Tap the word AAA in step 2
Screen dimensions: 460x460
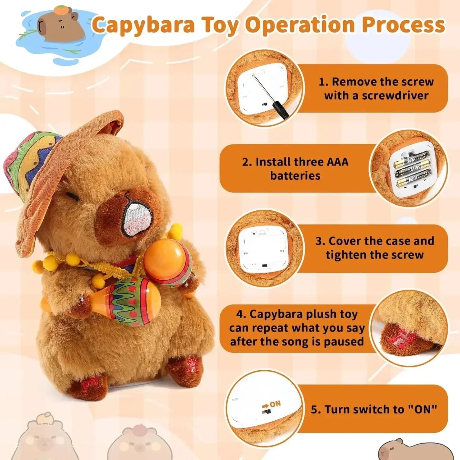coord(337,162)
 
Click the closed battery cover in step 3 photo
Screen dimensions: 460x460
coord(263,248)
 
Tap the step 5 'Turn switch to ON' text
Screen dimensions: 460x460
coord(374,409)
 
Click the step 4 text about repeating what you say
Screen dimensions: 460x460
coord(297,328)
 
